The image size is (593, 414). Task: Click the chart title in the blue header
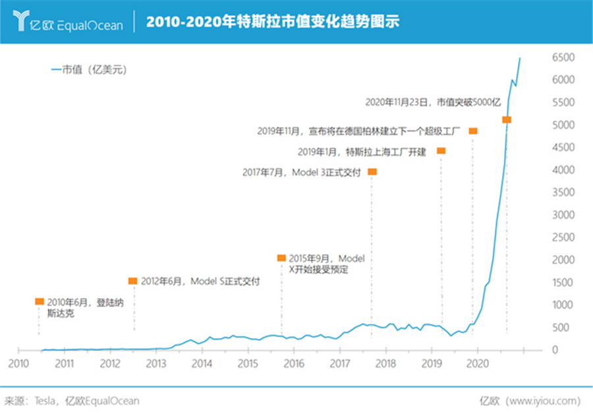click(272, 22)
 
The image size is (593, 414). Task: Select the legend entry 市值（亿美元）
click(89, 71)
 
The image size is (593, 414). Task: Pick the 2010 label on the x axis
click(18, 363)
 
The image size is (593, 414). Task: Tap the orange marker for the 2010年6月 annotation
click(40, 301)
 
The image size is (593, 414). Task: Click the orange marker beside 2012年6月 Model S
click(132, 281)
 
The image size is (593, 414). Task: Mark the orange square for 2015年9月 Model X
click(281, 258)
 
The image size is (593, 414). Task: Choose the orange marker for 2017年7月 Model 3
click(372, 172)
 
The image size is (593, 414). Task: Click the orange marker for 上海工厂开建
click(441, 151)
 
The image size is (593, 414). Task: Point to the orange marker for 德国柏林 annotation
click(472, 131)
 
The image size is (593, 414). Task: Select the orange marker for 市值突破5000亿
click(507, 119)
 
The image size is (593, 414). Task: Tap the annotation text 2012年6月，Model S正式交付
click(200, 281)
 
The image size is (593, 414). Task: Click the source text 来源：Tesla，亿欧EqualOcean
click(72, 399)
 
